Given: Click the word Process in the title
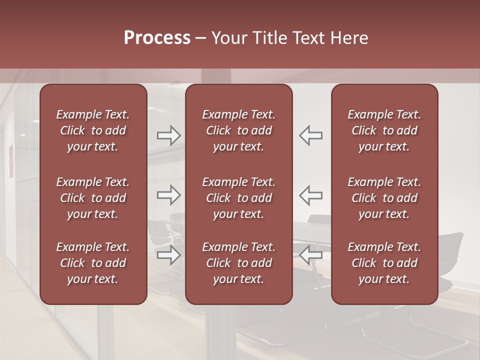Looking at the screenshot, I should [x=157, y=38].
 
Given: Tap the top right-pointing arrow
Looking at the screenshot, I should [x=169, y=135].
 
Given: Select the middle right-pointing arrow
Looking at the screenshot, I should [x=169, y=195].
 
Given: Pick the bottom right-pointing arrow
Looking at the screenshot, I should [x=169, y=254].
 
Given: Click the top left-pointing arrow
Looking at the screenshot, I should [x=310, y=135].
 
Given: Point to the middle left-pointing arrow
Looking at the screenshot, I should [x=310, y=195].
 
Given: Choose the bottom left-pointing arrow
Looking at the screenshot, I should [x=310, y=254].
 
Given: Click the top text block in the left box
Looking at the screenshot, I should [x=93, y=130].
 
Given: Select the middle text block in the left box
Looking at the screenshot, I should [x=93, y=198].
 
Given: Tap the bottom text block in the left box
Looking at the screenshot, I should [x=93, y=263].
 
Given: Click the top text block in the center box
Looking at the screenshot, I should [x=238, y=130].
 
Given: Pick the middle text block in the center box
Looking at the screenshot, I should [x=238, y=198].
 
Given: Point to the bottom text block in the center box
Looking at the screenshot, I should [x=238, y=263].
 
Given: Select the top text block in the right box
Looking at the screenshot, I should [x=384, y=130].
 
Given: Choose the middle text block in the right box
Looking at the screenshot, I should [x=384, y=198].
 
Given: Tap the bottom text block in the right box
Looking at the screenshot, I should [x=384, y=263].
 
